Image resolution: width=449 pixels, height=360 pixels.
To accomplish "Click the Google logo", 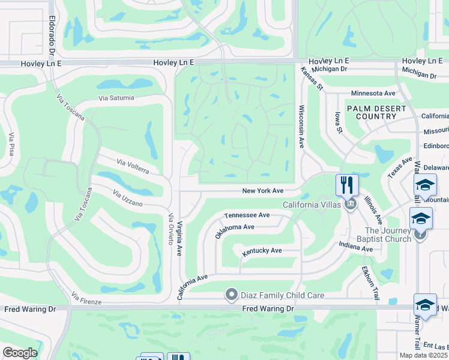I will coord(20,353).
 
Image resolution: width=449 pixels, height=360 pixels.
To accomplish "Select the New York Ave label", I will coord(262,191).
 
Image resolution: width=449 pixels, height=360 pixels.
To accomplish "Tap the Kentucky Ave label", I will coord(262,251).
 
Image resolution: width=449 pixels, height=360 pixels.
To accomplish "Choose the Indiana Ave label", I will coord(355,247).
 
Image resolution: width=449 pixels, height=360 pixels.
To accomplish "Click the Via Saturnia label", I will coord(116,98).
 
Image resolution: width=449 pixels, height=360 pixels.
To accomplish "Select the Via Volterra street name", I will coord(133,166).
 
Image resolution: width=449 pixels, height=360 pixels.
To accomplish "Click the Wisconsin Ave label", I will coord(301,127).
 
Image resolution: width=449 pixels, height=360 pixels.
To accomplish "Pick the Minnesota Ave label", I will coord(373,94).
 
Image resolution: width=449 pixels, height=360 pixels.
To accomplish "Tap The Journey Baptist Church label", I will coord(388,235).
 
